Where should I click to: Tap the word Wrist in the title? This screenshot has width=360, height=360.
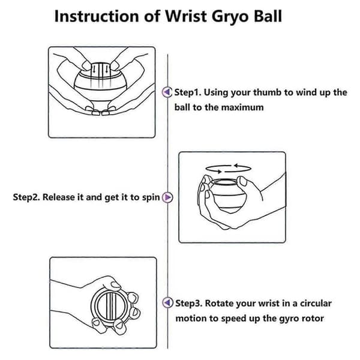click(186, 16)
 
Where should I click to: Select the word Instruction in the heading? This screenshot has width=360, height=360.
click(97, 16)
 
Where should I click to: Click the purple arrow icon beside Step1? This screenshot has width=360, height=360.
click(167, 92)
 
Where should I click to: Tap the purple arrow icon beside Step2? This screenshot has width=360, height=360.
click(167, 197)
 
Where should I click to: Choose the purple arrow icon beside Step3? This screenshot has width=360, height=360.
click(167, 302)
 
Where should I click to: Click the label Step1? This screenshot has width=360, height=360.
click(188, 92)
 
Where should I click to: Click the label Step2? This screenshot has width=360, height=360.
click(26, 197)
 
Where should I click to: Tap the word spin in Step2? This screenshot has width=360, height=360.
click(151, 197)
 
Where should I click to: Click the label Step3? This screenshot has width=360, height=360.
click(189, 303)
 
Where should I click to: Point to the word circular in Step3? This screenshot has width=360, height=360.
click(316, 303)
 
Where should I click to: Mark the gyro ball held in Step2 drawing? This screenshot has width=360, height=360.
click(227, 195)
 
